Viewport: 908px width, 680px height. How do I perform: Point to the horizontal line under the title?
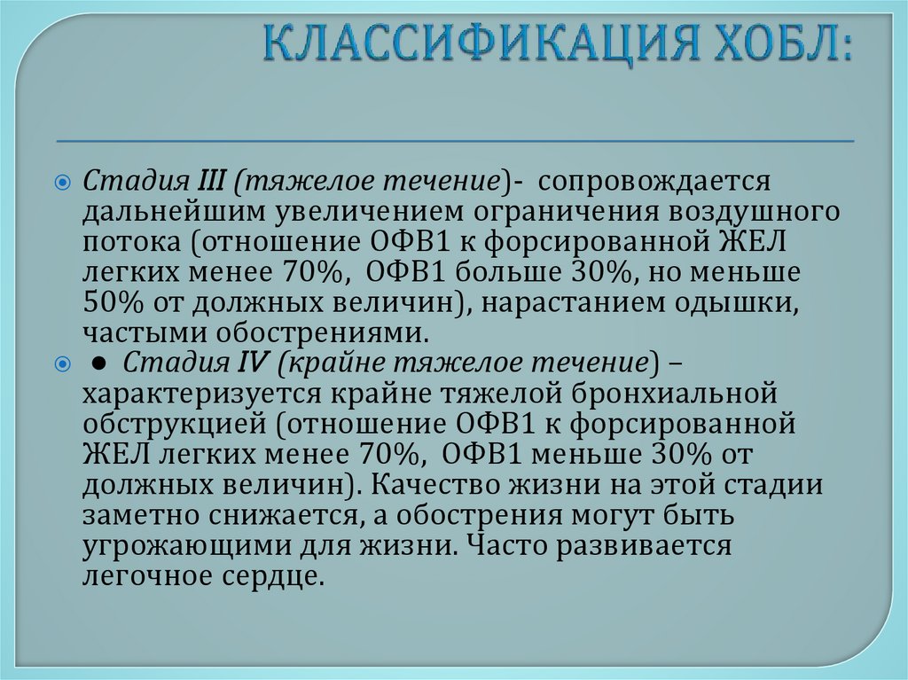pyautogui.click(x=455, y=140)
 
